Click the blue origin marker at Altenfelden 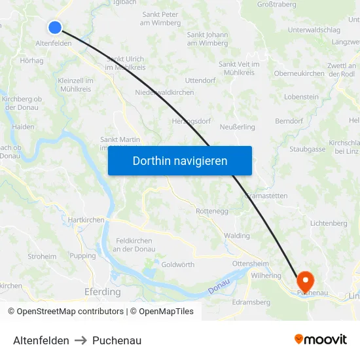tap(55, 27)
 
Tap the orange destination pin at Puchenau tap(304, 281)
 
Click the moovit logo tap(321, 340)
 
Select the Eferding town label tap(103, 292)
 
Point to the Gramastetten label tap(266, 196)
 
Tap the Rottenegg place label tap(211, 211)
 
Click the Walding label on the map tap(237, 236)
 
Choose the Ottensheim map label tap(251, 264)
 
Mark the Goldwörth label tap(177, 264)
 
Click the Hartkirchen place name tap(86, 220)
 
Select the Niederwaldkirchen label tap(164, 92)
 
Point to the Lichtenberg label tap(329, 223)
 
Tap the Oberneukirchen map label tap(299, 73)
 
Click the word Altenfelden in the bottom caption tap(41, 340)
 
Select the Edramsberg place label tap(251, 302)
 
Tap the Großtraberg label tap(275, 4)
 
